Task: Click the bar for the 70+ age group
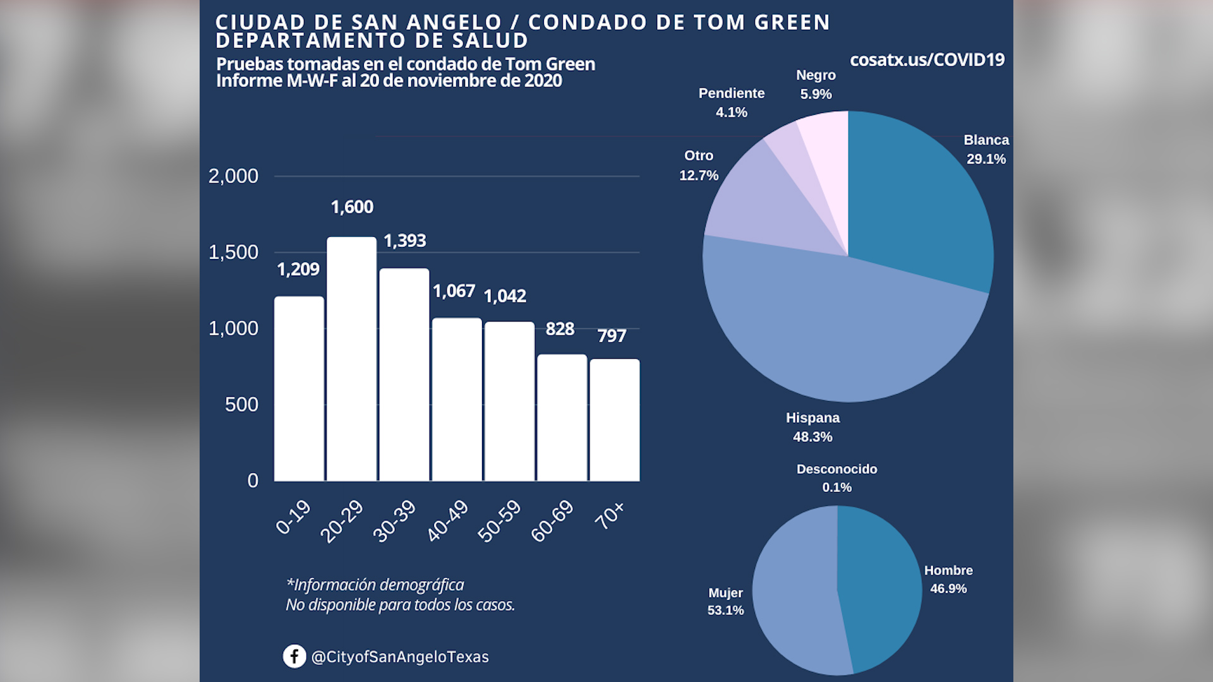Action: point(614,420)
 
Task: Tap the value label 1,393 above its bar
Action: point(405,241)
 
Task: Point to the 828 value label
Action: point(560,329)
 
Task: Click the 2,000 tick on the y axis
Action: point(233,176)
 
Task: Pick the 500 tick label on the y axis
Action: point(241,405)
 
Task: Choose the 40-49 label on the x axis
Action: point(447,521)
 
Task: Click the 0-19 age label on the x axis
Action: point(294,517)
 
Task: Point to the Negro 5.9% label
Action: point(816,85)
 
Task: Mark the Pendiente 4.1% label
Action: point(732,102)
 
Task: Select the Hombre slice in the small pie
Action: point(881,587)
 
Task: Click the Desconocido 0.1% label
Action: point(836,478)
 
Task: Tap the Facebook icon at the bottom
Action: point(294,656)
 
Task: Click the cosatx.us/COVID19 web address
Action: point(927,60)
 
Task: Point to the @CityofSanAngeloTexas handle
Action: point(400,657)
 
